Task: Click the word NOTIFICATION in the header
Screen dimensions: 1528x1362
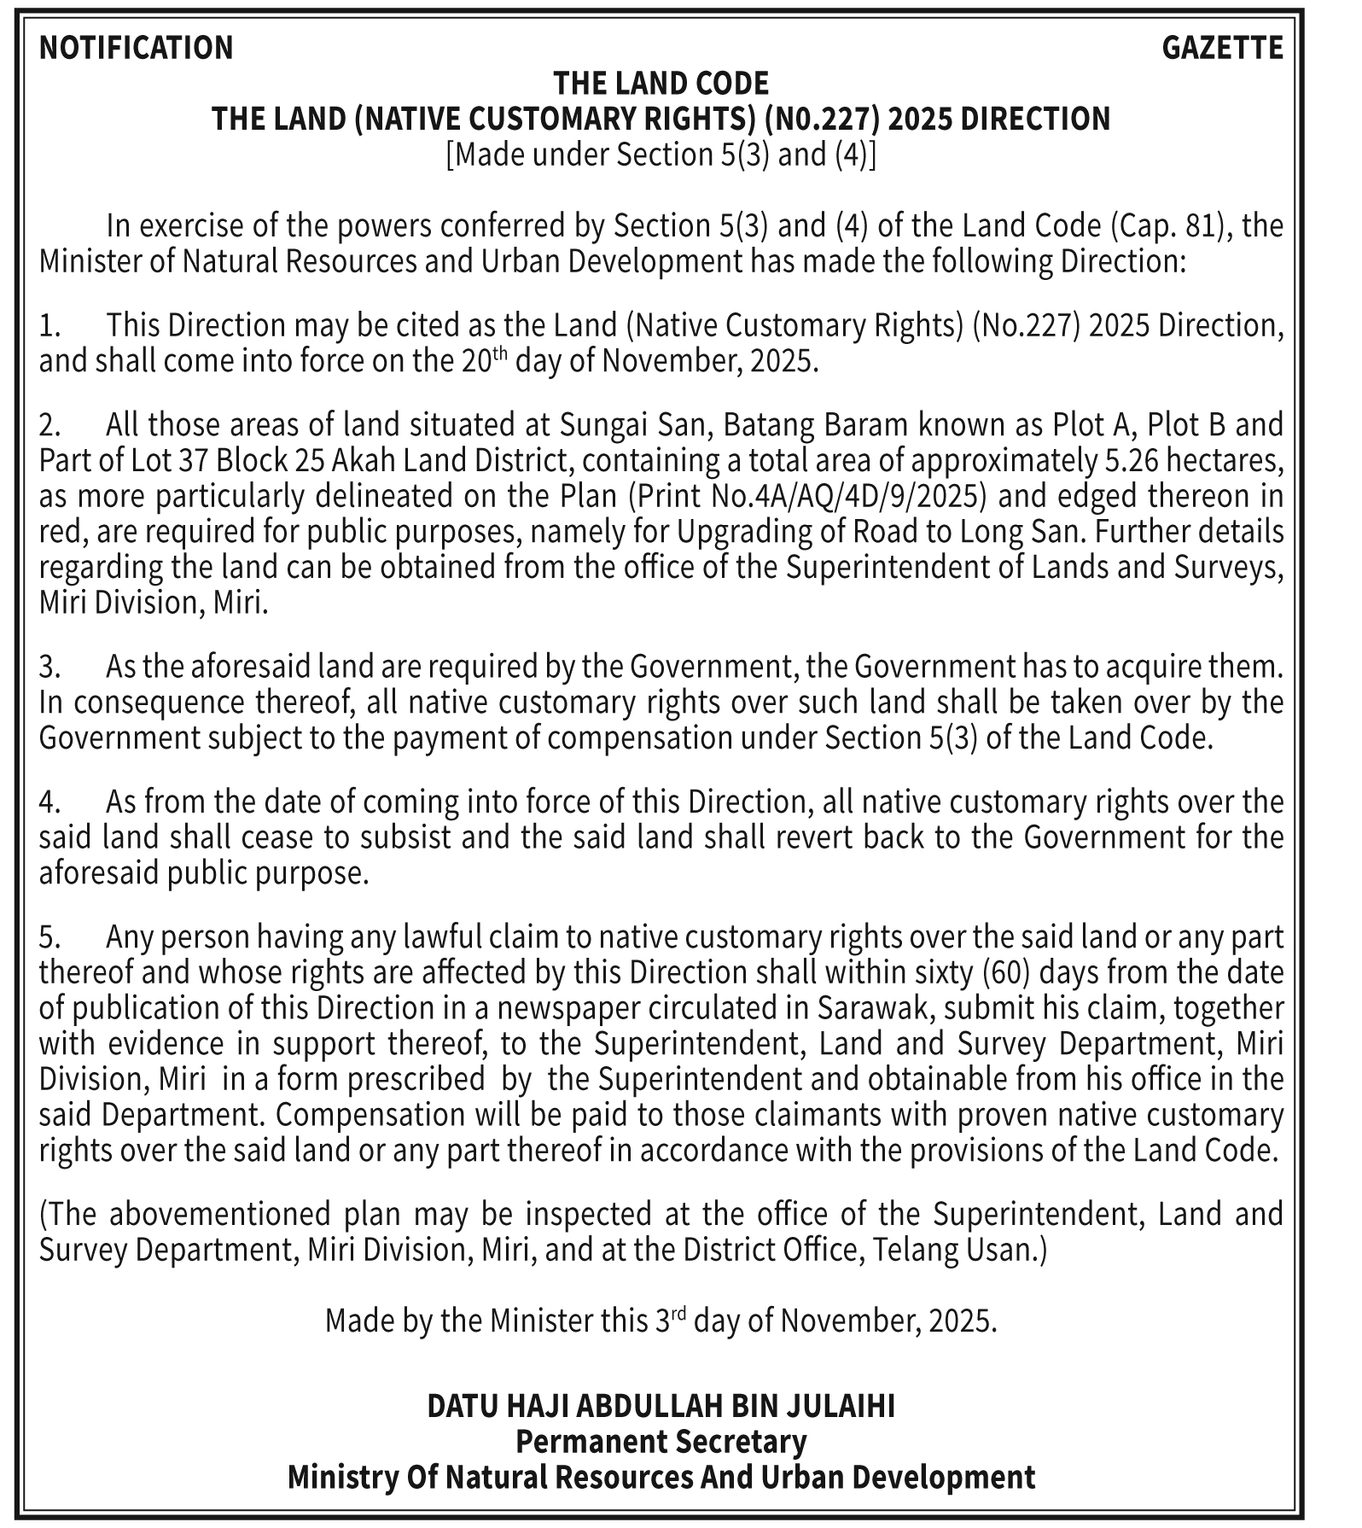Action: coord(136,47)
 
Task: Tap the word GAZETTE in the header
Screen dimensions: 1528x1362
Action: coord(1222,47)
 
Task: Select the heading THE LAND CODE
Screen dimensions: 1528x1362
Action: coord(661,83)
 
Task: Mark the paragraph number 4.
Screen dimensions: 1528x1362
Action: coord(49,802)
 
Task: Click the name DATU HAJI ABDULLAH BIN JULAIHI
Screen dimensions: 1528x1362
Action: coord(661,1405)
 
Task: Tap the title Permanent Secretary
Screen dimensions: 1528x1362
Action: coord(661,1441)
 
